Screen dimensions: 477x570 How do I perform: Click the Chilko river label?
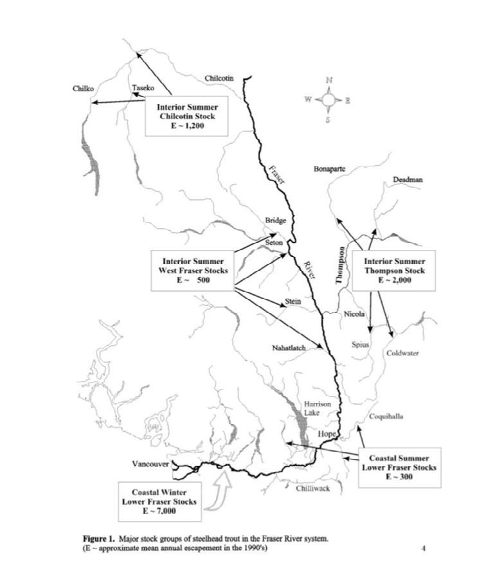pos(84,88)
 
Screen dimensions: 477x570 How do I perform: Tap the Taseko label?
pos(143,87)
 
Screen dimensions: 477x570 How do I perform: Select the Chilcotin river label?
pos(219,78)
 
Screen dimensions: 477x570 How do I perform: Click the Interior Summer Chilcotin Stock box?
pos(188,116)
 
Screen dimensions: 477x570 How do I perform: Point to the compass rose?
pos(328,100)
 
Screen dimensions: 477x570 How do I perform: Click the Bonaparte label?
pos(330,169)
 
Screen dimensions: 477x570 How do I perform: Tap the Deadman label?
pos(408,180)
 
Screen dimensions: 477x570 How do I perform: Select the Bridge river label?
pos(276,220)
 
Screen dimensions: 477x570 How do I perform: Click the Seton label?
pos(274,242)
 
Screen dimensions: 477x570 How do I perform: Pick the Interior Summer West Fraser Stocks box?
pos(193,271)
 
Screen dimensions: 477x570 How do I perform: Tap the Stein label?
pos(292,301)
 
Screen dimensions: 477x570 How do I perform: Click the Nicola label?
pos(355,314)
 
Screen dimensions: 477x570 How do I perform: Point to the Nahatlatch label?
pos(288,348)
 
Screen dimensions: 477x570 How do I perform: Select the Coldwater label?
pos(402,353)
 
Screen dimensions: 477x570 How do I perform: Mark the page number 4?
pos(424,548)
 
